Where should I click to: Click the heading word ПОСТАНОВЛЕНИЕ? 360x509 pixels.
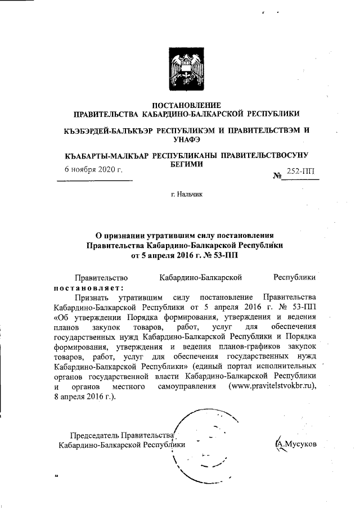point(187,105)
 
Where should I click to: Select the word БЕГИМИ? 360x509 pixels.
point(187,164)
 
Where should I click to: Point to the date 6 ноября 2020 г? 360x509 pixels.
point(91,170)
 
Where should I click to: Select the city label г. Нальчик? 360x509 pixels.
point(186,195)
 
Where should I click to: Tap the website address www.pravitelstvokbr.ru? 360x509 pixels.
point(273,387)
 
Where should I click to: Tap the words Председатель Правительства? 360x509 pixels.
point(121,435)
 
